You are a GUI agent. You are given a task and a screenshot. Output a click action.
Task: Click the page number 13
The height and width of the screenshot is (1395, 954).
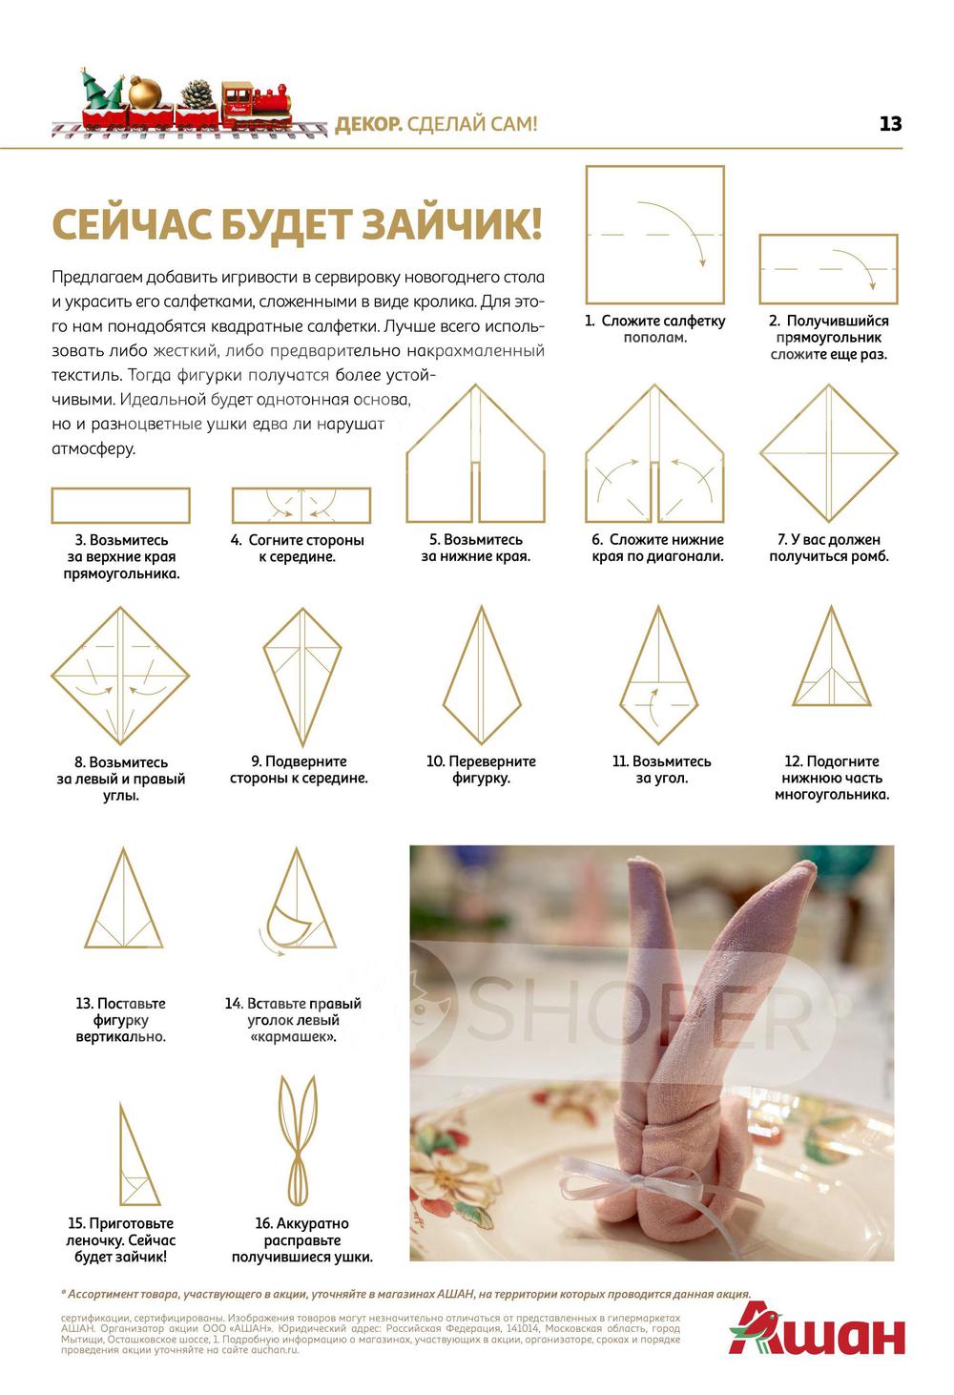(890, 123)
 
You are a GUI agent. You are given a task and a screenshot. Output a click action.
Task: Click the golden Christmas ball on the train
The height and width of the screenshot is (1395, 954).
(145, 93)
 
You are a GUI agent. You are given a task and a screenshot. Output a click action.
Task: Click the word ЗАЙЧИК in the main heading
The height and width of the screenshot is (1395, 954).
(452, 223)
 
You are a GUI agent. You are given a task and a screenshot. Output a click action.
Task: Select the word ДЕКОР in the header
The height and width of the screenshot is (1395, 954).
(368, 124)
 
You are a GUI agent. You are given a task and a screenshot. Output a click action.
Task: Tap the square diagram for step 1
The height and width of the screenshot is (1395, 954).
(654, 235)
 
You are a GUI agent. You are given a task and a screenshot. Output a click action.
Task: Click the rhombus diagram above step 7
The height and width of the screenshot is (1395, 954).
(829, 452)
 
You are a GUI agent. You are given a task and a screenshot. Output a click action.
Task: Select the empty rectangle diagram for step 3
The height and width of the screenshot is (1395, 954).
(121, 505)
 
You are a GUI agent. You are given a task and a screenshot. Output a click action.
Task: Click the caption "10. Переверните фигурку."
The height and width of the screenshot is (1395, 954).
(481, 770)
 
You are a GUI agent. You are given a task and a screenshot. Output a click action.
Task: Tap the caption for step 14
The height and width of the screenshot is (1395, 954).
(293, 1020)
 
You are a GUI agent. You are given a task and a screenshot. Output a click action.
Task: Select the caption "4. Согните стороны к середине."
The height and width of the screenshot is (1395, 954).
(297, 548)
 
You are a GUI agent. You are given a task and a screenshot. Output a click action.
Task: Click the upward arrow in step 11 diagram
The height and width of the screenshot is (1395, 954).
(652, 707)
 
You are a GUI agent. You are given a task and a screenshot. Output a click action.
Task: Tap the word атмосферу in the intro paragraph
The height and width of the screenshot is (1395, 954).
(93, 448)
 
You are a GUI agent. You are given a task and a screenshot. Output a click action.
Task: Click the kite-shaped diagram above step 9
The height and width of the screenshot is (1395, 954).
(302, 677)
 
